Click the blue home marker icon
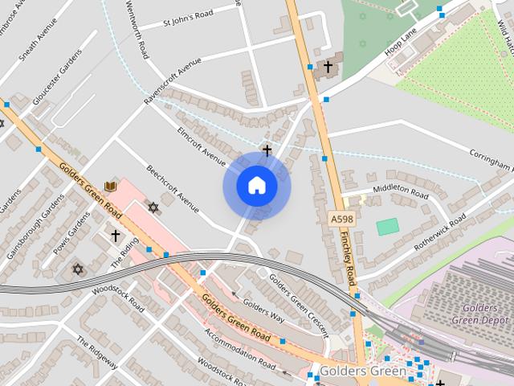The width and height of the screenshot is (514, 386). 257,186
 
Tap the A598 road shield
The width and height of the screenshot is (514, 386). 341,218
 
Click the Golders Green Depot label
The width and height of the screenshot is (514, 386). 485,314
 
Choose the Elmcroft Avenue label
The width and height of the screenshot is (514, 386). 202,143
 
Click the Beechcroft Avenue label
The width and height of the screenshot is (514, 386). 173,190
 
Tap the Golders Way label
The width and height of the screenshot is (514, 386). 263,311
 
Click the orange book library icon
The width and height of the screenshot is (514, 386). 111,187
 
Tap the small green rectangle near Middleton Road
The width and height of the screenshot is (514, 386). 388,227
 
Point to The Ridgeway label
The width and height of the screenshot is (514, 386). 97,353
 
